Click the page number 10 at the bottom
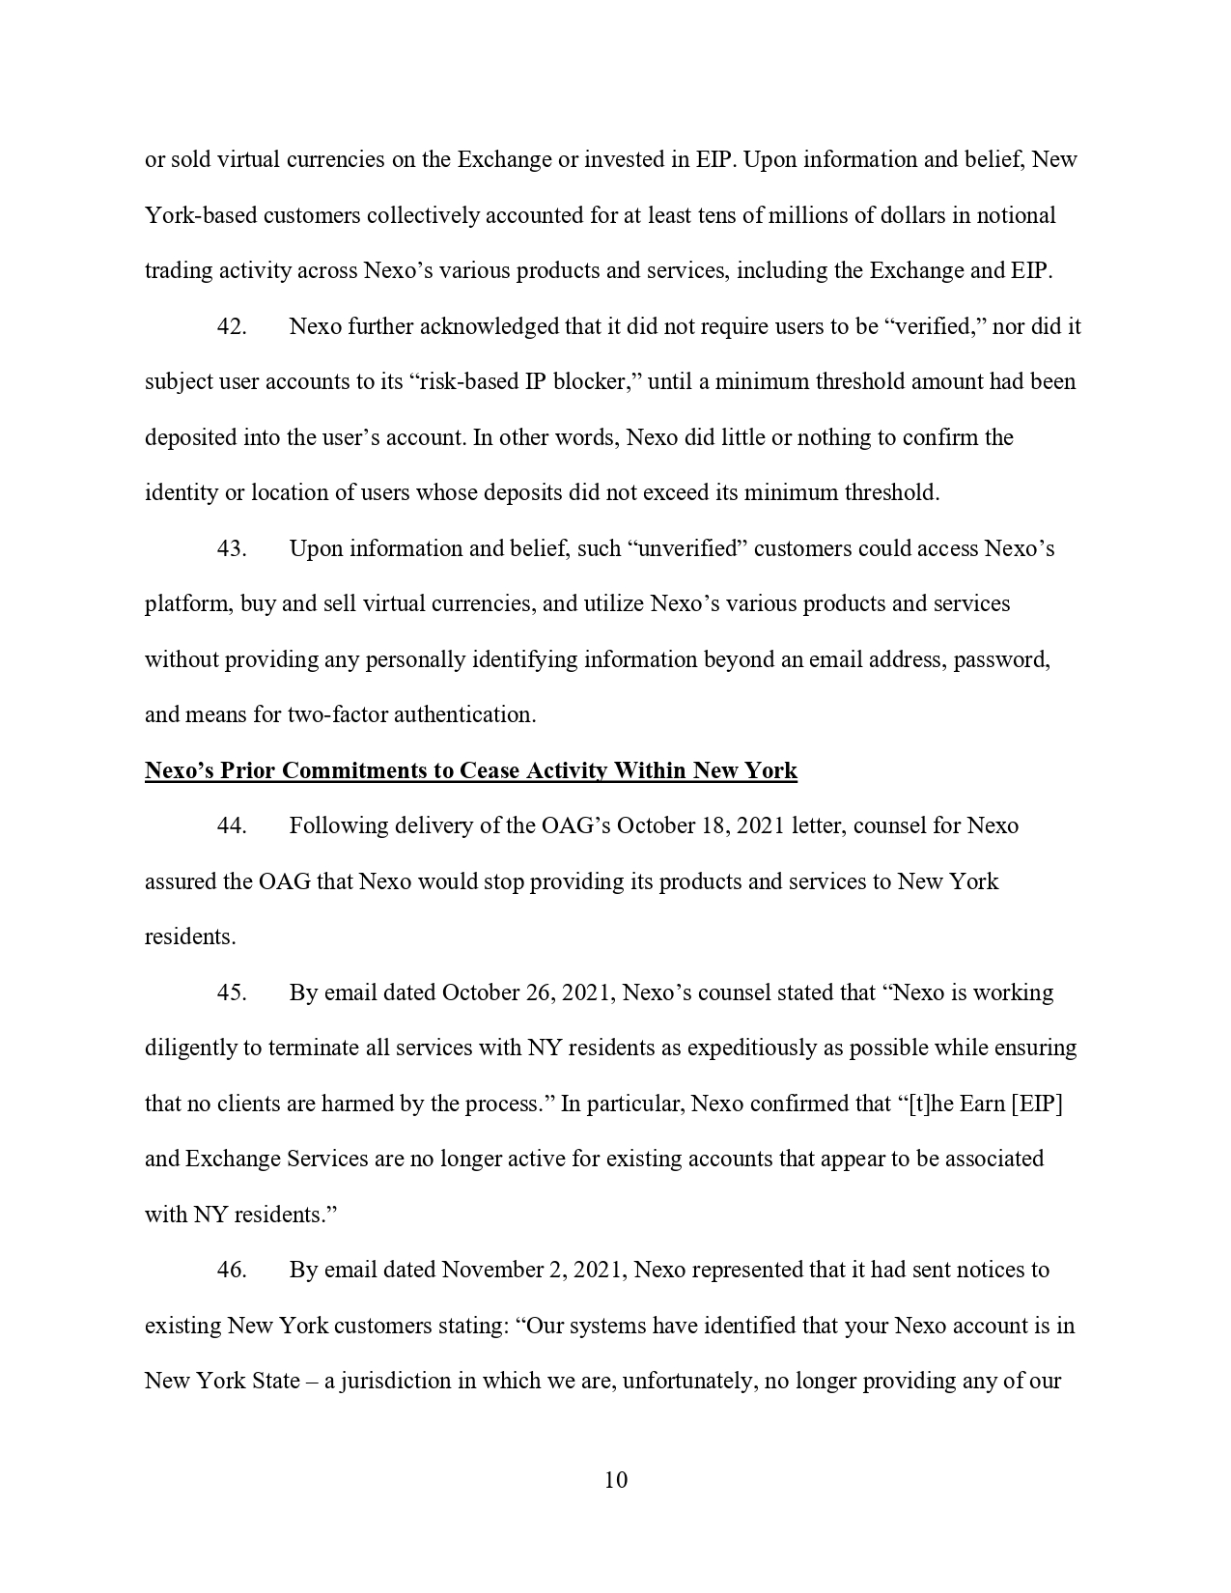[x=615, y=1480]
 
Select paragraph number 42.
[x=232, y=326]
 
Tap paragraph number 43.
[x=232, y=548]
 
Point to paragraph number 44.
[x=232, y=825]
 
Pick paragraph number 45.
[x=232, y=992]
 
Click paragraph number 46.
[x=232, y=1270]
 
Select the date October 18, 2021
[x=700, y=825]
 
